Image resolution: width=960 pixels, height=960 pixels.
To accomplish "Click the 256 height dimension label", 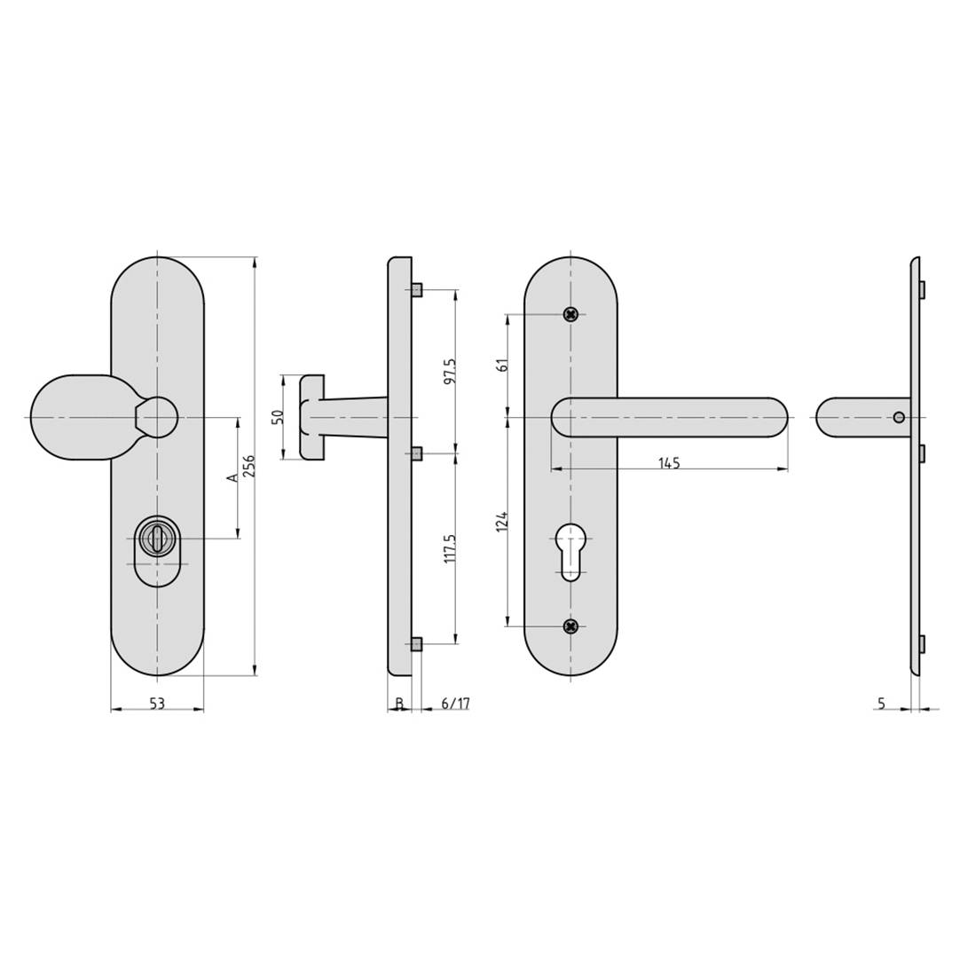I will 249,466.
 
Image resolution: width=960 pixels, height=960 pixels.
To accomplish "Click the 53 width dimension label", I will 156,704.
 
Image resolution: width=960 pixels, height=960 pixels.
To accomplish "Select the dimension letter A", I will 232,477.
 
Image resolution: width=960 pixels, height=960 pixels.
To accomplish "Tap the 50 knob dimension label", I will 277,417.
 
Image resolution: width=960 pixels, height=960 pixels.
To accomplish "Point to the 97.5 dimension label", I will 450,371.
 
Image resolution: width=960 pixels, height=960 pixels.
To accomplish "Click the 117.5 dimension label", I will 450,548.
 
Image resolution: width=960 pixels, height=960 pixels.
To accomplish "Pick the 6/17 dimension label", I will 455,704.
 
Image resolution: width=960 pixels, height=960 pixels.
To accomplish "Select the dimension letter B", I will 399,704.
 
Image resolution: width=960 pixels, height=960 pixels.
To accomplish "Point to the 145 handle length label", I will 669,463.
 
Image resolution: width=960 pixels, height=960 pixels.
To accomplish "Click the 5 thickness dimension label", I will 881,704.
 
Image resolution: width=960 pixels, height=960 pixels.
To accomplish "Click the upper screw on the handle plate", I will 571,314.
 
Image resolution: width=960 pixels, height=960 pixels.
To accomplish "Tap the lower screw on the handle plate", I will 571,626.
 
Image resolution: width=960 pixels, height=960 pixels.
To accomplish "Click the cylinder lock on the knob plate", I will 157,539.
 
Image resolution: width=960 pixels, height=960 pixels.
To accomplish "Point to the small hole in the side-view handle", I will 899,417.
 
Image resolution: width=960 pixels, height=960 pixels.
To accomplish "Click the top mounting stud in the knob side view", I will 417,290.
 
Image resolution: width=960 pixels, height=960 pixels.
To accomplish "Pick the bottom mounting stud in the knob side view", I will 417,644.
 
